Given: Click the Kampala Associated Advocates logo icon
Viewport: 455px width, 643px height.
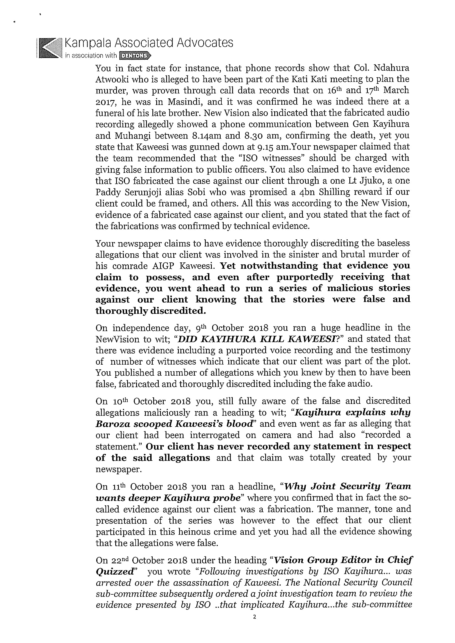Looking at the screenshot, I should [50, 48].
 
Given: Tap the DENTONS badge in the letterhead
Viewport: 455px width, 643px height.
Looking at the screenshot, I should [135, 56].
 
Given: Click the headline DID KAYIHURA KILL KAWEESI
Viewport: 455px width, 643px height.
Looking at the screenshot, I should [256, 339].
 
